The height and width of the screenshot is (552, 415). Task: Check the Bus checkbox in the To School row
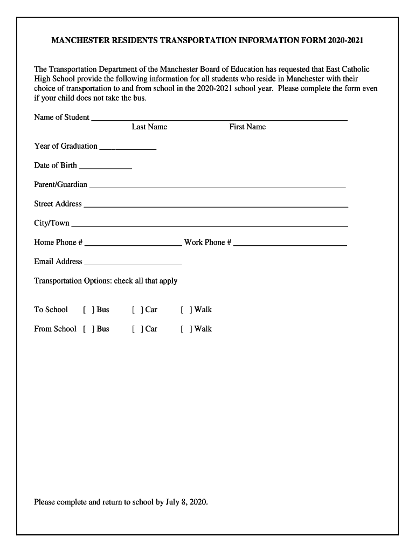88,309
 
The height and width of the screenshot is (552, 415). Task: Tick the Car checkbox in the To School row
137,309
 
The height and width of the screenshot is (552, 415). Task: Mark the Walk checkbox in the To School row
186,309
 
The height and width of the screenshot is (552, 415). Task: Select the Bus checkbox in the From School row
88,329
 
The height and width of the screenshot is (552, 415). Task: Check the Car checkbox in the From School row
137,329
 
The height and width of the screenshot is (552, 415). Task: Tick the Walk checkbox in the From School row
186,329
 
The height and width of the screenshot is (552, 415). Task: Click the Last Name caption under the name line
149,127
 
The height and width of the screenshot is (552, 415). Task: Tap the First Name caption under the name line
247,127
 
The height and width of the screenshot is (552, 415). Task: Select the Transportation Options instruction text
106,281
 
